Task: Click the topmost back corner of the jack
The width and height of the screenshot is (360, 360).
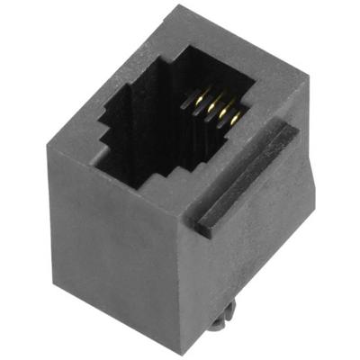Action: tap(181, 6)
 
